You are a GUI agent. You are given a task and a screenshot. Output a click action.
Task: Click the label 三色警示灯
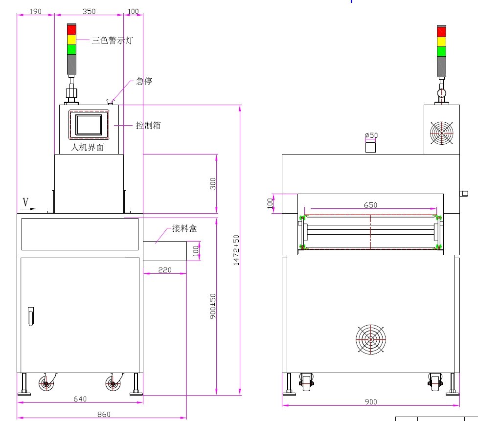pos(112,41)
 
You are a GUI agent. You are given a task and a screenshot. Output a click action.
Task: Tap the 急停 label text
pos(144,81)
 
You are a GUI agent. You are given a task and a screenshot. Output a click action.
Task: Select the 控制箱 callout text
pos(148,126)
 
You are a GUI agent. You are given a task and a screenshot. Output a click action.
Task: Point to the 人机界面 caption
pos(88,147)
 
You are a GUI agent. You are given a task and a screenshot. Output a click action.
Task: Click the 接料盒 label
pos(184,228)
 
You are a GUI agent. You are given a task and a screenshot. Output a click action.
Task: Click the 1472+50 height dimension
pos(237,250)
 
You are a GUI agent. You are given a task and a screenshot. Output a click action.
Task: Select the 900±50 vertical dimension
pos(213,307)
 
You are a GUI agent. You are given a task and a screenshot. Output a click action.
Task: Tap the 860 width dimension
pos(104,414)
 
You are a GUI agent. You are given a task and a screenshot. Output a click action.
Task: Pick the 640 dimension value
pos(80,399)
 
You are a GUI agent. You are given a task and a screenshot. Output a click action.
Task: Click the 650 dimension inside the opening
pos(370,205)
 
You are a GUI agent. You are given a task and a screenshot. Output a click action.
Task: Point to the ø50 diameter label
pos(371,135)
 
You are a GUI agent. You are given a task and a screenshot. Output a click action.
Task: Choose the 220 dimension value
pos(165,269)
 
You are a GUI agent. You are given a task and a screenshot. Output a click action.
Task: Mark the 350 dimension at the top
pos(89,11)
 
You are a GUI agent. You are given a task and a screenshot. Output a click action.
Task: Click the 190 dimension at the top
pos(35,11)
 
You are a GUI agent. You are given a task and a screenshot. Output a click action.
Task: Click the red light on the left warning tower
pos(71,29)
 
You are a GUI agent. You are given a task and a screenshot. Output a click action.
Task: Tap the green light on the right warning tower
pos(441,51)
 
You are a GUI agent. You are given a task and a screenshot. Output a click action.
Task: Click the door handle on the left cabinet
pos(31,316)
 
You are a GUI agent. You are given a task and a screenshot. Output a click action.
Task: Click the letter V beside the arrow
pos(25,201)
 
